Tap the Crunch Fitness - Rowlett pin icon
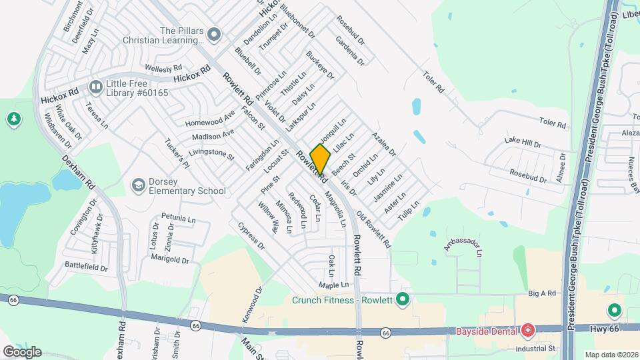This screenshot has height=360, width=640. pos(402,299)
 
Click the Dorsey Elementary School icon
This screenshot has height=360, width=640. pos(139,185)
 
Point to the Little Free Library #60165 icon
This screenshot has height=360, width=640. pos(95,87)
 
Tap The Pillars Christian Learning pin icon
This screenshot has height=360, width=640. pos(214,33)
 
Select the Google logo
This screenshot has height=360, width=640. pos(22,351)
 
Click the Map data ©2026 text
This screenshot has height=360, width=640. pos(611,354)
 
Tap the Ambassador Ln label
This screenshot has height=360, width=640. pos(463,247)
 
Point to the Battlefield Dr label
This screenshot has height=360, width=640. pos(86,267)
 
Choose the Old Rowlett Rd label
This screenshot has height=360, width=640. pos(374,231)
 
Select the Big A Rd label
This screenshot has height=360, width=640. pos(542,293)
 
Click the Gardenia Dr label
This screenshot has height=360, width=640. pos(351,51)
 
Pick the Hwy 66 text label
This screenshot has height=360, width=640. pos(605,328)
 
